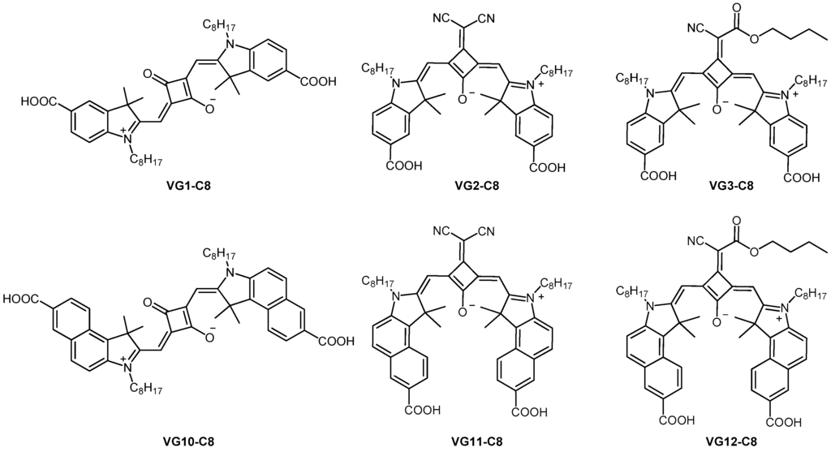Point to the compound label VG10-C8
click(192, 443)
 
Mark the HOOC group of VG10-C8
click(24, 299)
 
